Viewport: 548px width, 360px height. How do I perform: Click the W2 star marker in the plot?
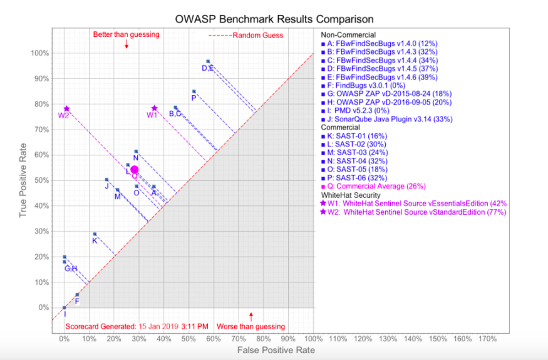[x=66, y=109]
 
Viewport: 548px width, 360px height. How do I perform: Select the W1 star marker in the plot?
[x=154, y=108]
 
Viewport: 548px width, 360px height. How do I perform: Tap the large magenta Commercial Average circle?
[x=135, y=170]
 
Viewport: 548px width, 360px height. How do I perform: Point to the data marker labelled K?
[x=95, y=234]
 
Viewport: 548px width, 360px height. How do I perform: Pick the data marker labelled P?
[x=194, y=91]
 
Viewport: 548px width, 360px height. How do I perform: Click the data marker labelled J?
[x=106, y=180]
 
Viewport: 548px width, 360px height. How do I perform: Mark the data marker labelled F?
[x=77, y=294]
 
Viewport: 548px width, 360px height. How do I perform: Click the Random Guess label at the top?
[x=258, y=36]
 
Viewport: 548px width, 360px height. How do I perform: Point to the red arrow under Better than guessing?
[x=127, y=44]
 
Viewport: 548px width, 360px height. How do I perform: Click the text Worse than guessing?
[x=251, y=326]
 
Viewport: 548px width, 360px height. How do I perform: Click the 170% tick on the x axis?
[x=487, y=339]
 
